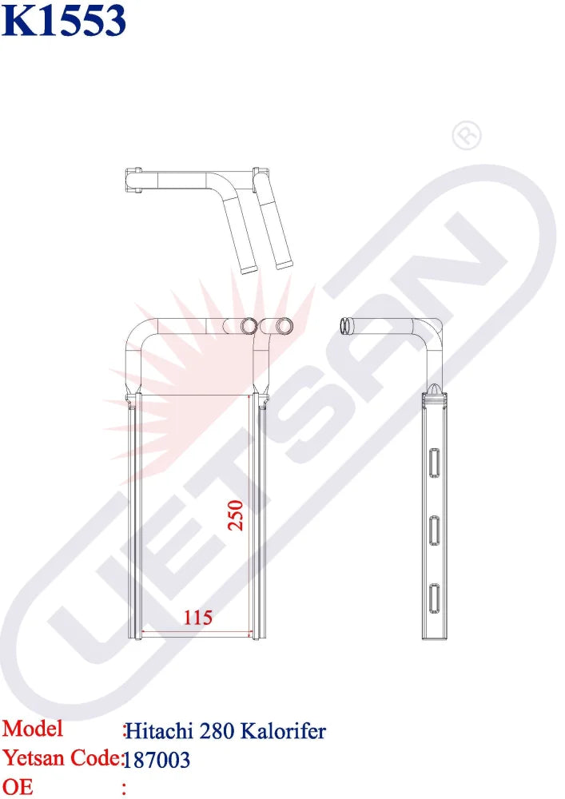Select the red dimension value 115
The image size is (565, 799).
point(198,618)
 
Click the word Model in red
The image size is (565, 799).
point(33,729)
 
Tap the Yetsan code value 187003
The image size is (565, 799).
point(158,759)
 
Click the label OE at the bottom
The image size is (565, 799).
point(18,787)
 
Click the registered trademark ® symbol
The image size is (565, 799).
point(467,137)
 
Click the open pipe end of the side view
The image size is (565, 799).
point(345,325)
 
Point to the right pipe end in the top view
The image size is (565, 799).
point(284,262)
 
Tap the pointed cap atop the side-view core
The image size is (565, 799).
point(434,388)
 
